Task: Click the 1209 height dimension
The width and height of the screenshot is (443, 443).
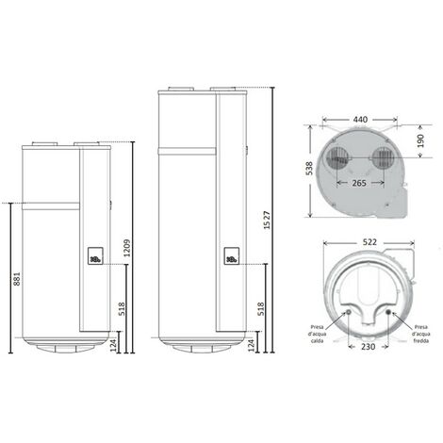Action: pos(127,248)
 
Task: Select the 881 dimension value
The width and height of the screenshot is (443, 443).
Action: pos(17,279)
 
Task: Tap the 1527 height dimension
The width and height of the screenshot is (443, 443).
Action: pos(267,220)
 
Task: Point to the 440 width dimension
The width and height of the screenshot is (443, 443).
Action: pos(360,120)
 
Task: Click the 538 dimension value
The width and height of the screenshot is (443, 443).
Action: pos(309,169)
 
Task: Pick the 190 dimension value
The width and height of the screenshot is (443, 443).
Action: pos(420,140)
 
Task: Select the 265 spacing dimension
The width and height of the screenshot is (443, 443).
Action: pos(359,183)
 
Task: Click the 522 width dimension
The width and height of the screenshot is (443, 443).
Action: pos(369,242)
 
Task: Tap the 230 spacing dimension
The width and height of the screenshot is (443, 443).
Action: pos(368,346)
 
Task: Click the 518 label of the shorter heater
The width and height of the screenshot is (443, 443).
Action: pos(122,309)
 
